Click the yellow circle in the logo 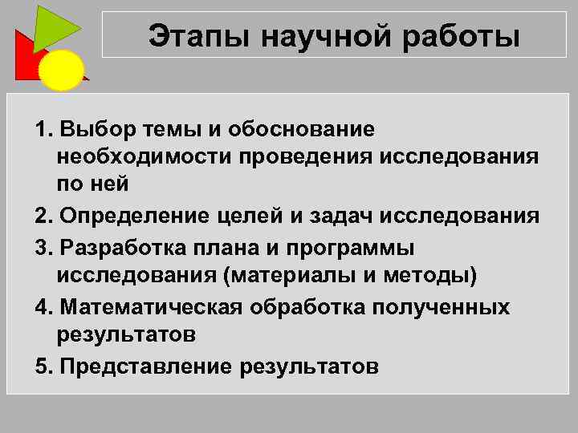pyautogui.click(x=62, y=70)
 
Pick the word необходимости pyautogui.click(x=144, y=156)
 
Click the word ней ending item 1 pyautogui.click(x=112, y=184)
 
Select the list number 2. pyautogui.click(x=41, y=216)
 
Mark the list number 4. pyautogui.click(x=41, y=307)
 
